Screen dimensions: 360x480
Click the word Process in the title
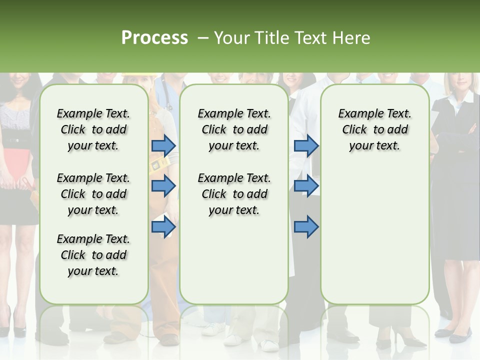pyautogui.click(x=154, y=38)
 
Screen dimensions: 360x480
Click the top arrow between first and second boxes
pyautogui.click(x=163, y=145)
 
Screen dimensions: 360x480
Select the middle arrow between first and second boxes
pyautogui.click(x=163, y=186)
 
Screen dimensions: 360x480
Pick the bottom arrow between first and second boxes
pyautogui.click(x=163, y=227)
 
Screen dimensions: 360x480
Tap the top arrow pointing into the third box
pyautogui.click(x=306, y=145)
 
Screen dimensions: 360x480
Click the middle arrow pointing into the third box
pyautogui.click(x=306, y=186)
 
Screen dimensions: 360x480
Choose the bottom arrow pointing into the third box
pyautogui.click(x=306, y=227)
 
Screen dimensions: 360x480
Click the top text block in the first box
pyautogui.click(x=93, y=129)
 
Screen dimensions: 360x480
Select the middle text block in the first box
pyautogui.click(x=93, y=194)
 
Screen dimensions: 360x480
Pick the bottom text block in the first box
pyautogui.click(x=93, y=255)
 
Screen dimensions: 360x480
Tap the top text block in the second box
pyautogui.click(x=234, y=129)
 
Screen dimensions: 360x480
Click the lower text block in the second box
pyautogui.click(x=234, y=194)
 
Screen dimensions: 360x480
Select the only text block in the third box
pyautogui.click(x=374, y=129)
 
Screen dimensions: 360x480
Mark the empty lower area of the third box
pyautogui.click(x=374, y=235)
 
